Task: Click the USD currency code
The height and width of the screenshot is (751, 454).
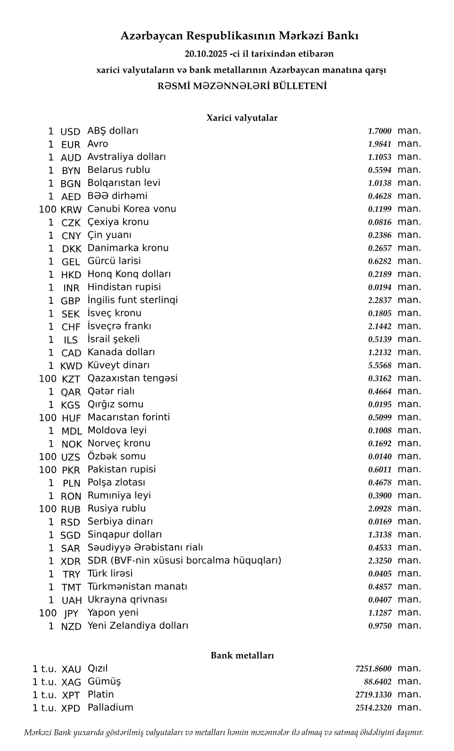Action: [x=70, y=132]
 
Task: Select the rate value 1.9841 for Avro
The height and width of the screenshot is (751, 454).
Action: [x=380, y=144]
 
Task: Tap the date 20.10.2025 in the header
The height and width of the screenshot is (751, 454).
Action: [x=206, y=54]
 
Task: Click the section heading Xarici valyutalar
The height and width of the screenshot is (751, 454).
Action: [x=242, y=118]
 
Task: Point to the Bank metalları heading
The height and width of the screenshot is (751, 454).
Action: [x=242, y=655]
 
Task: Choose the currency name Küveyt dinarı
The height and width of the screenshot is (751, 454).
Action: [x=118, y=365]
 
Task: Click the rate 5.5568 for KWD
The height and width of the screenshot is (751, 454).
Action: [x=380, y=366]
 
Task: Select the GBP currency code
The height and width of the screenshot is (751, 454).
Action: [x=71, y=301]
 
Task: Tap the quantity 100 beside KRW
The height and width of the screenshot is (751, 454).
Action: [x=48, y=209]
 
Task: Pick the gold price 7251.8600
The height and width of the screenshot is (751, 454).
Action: [x=373, y=669]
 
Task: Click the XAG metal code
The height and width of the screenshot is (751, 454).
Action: [x=71, y=682]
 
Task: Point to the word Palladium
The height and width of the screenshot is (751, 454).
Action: [x=110, y=708]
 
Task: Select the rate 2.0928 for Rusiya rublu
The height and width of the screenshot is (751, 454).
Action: [x=380, y=509]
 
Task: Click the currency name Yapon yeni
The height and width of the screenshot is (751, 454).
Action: [x=113, y=613]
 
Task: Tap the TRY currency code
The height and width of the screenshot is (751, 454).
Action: [x=71, y=575]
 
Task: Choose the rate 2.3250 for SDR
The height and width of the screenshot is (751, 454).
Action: [x=380, y=561]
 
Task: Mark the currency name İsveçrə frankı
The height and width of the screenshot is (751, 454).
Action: [x=119, y=326]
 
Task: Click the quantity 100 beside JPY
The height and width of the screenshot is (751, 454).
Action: [x=48, y=613]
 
